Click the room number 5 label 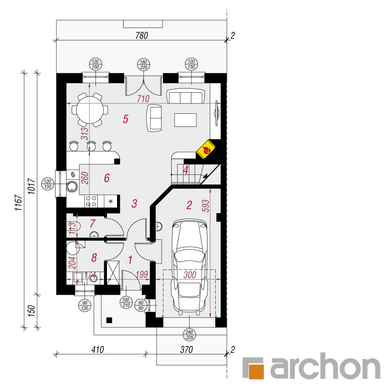(125, 119)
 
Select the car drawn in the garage (189, 268)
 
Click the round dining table (90, 110)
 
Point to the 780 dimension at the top (141, 36)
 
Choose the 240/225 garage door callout (190, 335)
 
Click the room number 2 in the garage (189, 205)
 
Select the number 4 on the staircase (185, 169)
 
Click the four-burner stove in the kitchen (91, 201)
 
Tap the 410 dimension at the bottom (97, 350)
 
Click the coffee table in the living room (186, 120)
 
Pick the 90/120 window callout (84, 305)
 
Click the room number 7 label (92, 224)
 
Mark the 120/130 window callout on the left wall (48, 184)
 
